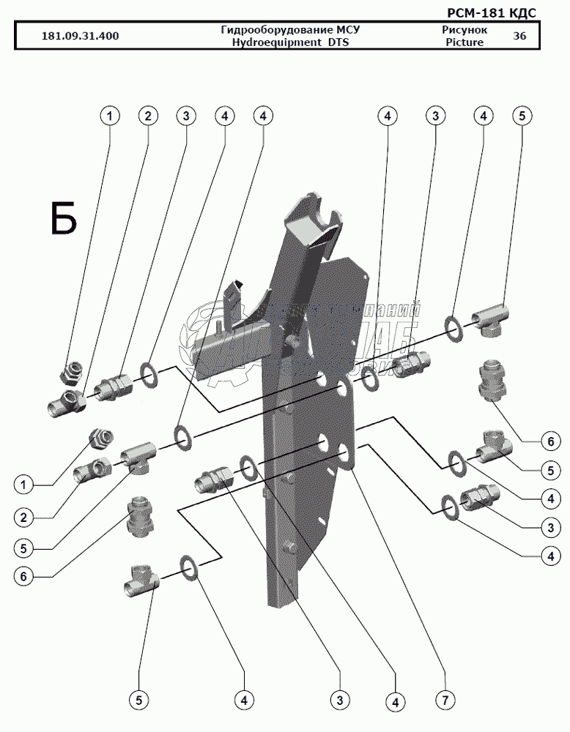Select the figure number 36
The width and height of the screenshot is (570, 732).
pyautogui.click(x=519, y=37)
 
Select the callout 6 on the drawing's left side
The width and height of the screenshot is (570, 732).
pyautogui.click(x=23, y=577)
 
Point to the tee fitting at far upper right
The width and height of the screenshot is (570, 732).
pyautogui.click(x=489, y=319)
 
